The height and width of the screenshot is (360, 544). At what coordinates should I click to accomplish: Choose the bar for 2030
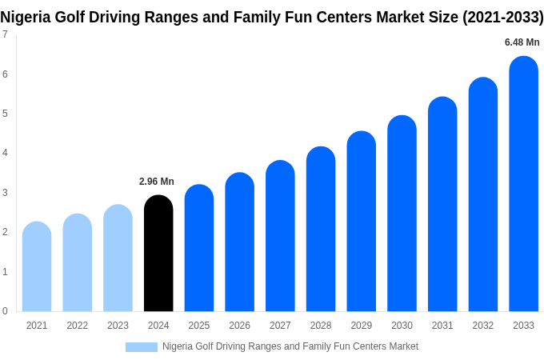click(x=402, y=214)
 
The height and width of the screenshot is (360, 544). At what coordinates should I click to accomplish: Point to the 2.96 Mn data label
click(x=157, y=182)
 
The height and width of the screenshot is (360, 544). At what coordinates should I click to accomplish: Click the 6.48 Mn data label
click(x=522, y=42)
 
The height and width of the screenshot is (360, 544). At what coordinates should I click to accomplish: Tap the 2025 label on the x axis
click(x=199, y=326)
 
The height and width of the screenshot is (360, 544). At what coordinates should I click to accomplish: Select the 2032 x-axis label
click(x=482, y=326)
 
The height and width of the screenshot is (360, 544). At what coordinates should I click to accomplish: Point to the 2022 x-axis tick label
click(x=78, y=326)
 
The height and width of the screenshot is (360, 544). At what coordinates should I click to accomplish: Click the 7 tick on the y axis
click(x=5, y=34)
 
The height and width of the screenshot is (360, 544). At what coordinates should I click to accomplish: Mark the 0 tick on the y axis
click(x=5, y=311)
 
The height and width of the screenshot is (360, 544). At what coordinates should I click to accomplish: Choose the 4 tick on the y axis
click(x=5, y=153)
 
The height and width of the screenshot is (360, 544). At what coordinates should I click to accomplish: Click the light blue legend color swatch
click(x=141, y=347)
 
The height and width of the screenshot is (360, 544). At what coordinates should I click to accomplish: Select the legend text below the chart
click(x=290, y=346)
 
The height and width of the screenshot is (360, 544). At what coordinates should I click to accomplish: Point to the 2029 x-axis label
click(x=361, y=326)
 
